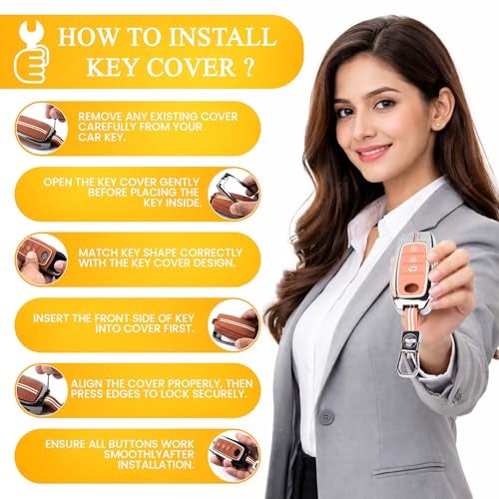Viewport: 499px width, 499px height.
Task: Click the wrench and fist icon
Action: (x=32, y=52)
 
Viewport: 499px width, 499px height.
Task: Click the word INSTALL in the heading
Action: (x=223, y=37)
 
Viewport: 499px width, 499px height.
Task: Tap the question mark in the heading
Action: (x=249, y=67)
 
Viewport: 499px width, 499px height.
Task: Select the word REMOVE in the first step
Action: (x=100, y=117)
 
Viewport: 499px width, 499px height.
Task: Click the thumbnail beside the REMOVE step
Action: (x=41, y=129)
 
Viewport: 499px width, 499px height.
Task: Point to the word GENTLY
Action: (x=179, y=182)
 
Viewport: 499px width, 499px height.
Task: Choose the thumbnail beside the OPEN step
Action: (x=234, y=195)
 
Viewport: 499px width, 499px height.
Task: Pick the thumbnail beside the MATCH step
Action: (x=41, y=259)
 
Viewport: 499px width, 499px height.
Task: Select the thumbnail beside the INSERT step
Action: (x=234, y=325)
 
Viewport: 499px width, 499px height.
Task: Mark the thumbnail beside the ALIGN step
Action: (x=41, y=390)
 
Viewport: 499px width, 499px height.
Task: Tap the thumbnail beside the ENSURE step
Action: (x=234, y=456)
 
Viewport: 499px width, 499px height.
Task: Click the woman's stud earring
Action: (x=437, y=126)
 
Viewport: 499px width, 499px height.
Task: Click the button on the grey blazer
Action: (x=326, y=417)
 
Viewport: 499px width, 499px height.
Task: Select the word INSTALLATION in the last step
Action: (x=156, y=465)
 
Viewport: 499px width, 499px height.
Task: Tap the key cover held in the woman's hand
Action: (x=413, y=273)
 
